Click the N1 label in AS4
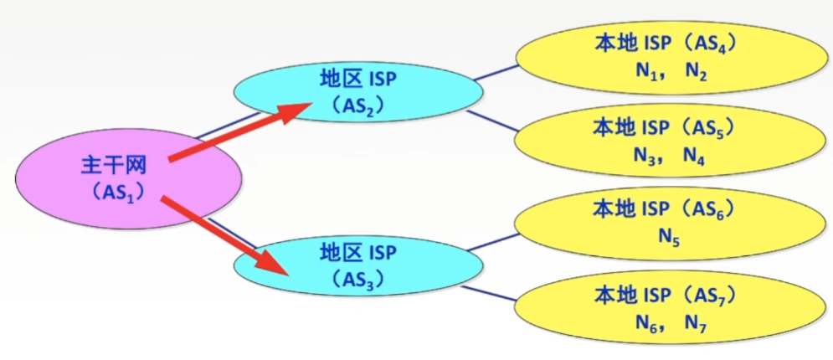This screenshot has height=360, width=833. point(645,72)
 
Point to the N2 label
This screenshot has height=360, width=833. point(696,72)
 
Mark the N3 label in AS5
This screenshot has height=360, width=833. point(645,156)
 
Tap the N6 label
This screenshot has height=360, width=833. point(645,323)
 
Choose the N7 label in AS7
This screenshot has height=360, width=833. point(696,323)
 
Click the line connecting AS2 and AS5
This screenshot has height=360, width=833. point(494,120)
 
